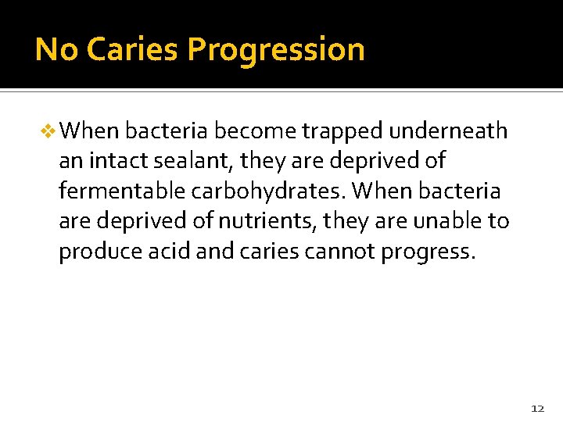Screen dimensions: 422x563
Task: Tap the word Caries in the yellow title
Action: tap(133, 49)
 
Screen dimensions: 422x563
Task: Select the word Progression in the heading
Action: tap(276, 49)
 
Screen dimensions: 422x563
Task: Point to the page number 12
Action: tap(537, 408)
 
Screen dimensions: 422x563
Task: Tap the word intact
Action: tap(109, 161)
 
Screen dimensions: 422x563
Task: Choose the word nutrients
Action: tap(259, 220)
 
